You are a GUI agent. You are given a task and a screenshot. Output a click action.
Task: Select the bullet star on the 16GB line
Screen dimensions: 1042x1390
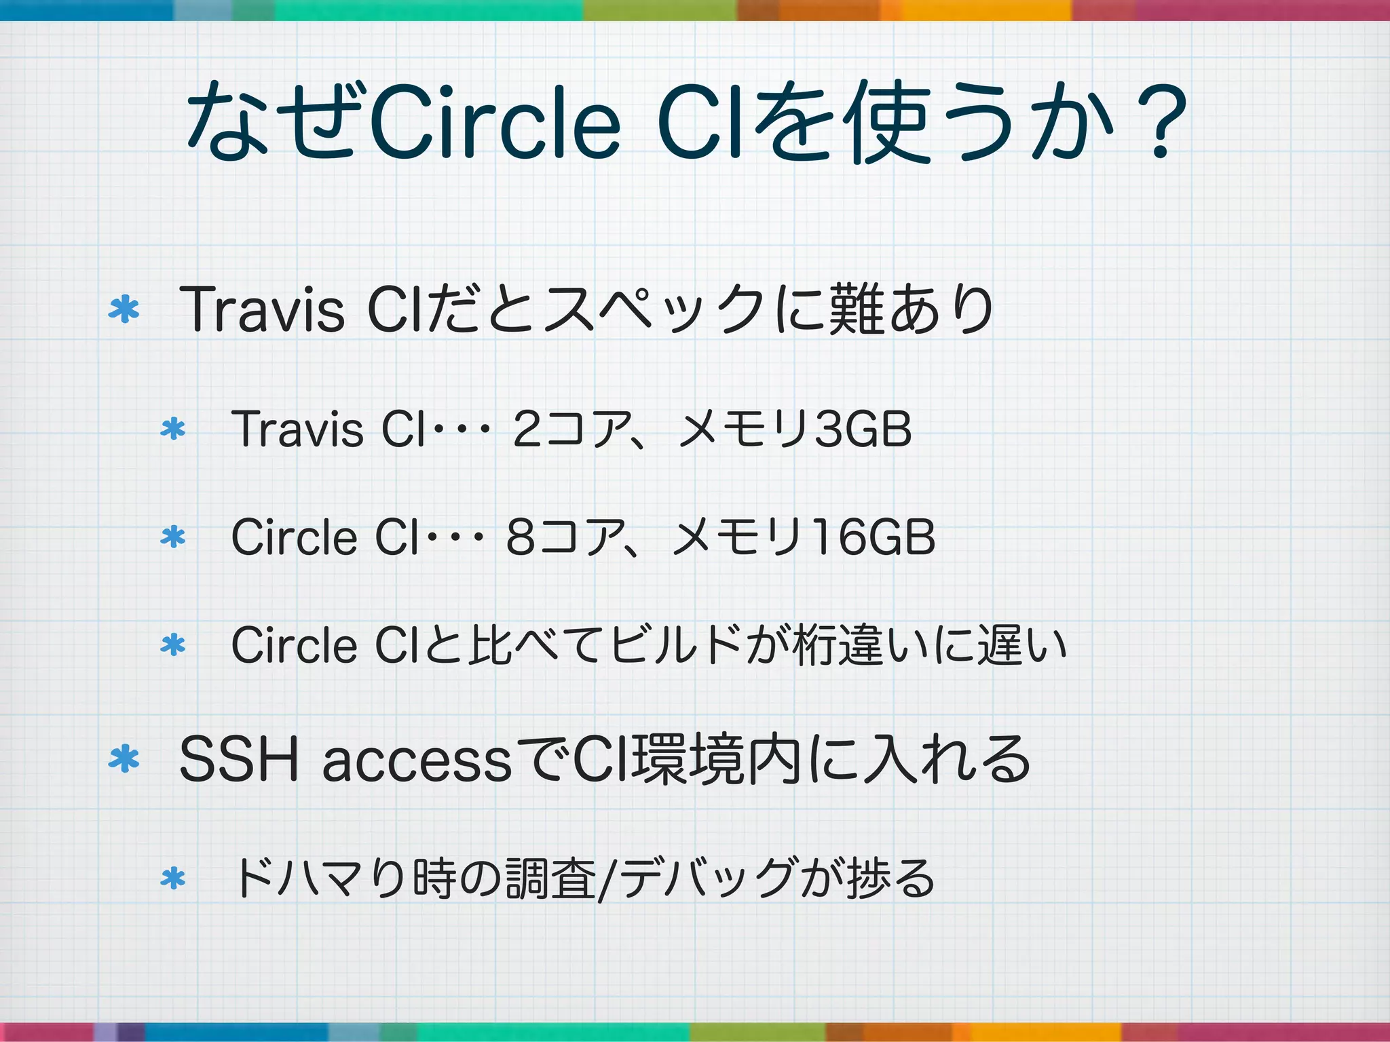(173, 537)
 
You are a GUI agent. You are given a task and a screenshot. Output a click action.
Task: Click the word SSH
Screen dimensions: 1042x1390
(238, 760)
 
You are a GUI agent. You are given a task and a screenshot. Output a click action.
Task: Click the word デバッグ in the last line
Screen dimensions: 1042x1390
(706, 879)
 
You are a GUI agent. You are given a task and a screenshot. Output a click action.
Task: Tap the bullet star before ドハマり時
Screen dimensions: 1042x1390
(173, 879)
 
